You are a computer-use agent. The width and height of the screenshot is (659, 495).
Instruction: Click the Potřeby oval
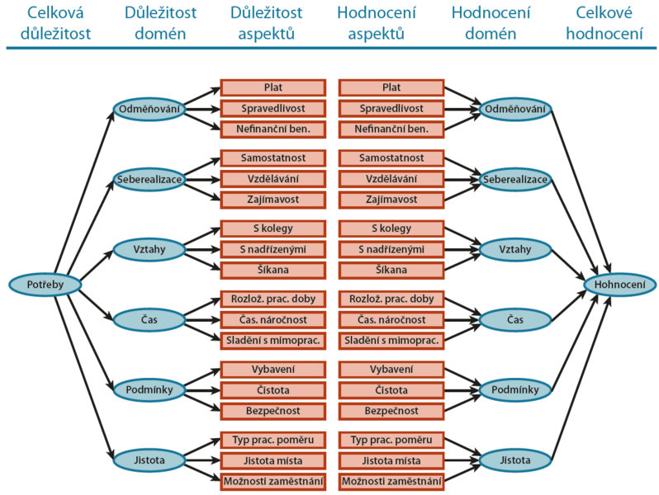[x=46, y=285]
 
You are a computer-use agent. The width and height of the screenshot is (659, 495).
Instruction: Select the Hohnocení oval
[x=620, y=285]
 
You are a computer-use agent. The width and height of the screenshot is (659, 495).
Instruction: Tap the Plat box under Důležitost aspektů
[x=273, y=87]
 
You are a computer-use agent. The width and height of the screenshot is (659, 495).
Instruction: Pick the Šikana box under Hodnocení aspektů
[x=391, y=269]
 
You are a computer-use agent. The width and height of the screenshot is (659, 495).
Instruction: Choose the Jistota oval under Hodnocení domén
[x=516, y=460]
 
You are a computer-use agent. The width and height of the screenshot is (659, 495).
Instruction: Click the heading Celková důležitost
[x=46, y=23]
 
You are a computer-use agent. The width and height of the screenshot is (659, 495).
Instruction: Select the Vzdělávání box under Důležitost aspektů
[x=273, y=178]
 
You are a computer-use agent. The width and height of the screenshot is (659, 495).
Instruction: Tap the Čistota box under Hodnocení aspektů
[x=391, y=389]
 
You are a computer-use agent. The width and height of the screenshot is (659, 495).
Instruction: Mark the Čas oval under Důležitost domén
[x=149, y=318]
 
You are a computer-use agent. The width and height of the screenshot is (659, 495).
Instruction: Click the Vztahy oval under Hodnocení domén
[x=516, y=248]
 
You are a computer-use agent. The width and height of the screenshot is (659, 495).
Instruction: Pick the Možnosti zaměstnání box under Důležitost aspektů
[x=273, y=480]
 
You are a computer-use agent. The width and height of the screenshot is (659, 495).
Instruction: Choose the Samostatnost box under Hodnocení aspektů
[x=391, y=158]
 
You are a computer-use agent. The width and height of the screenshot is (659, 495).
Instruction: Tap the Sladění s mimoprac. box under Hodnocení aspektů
[x=391, y=339]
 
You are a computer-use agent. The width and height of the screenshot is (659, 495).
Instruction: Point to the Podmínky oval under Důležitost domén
[x=149, y=389]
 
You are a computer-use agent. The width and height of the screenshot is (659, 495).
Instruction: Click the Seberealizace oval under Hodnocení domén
[x=516, y=178]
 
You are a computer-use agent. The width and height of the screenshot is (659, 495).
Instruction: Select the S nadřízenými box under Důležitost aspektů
[x=273, y=248]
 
